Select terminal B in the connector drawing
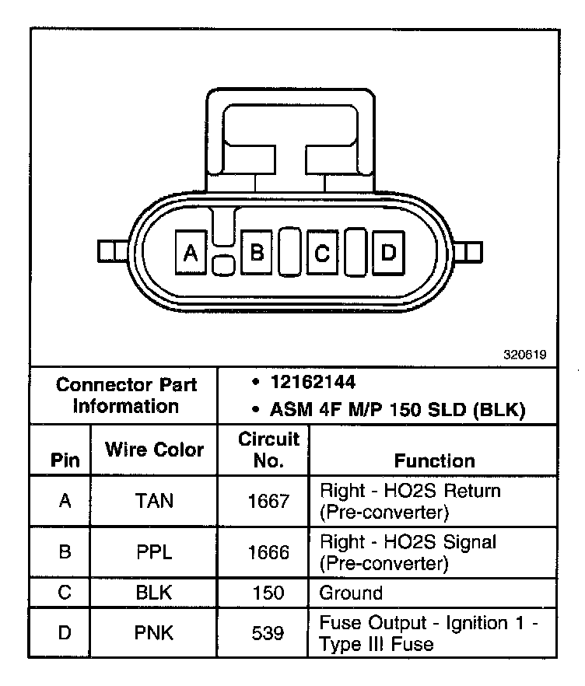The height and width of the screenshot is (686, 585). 256,251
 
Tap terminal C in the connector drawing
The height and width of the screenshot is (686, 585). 322,251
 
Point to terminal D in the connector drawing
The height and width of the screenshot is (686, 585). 388,251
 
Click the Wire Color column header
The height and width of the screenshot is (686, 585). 154,450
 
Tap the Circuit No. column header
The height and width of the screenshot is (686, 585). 268,450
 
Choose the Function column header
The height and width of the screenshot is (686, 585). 434,460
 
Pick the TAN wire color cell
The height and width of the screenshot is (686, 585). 154,501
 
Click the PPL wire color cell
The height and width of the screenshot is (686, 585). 154,551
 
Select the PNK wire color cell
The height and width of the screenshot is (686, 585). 154,633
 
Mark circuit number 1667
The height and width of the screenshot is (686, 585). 268,501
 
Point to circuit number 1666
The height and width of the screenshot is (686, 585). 268,551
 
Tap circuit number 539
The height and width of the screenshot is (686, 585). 268,633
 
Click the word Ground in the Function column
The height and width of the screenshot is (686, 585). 351,593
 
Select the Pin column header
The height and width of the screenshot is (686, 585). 65,460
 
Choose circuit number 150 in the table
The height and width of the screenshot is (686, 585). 268,593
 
